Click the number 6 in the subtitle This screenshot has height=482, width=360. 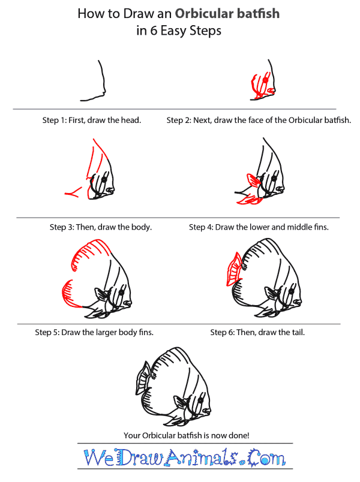(x=154, y=31)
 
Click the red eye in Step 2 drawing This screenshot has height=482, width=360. (x=265, y=80)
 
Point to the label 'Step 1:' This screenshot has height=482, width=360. (x=55, y=120)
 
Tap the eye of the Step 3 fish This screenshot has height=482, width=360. (x=104, y=180)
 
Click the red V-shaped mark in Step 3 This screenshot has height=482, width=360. (x=74, y=192)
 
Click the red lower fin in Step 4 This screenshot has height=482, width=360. (x=250, y=200)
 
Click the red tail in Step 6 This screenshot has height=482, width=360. (x=234, y=270)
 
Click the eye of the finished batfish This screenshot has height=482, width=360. (x=200, y=400)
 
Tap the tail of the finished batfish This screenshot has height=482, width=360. (x=143, y=378)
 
